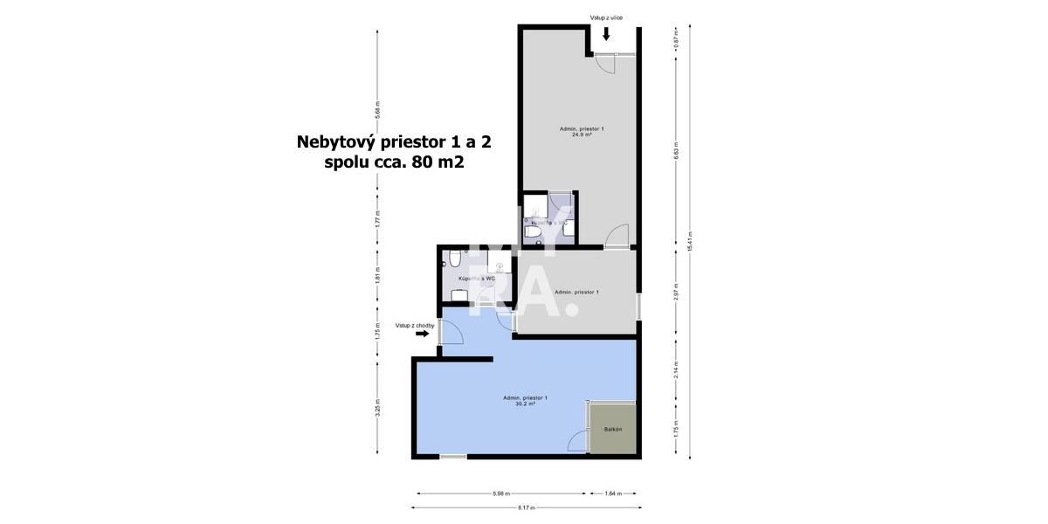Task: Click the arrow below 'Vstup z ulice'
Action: [606, 34]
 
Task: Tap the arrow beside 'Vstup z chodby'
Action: [423, 333]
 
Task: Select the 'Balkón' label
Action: [613, 430]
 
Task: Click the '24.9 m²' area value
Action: [582, 134]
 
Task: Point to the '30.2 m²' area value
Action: [525, 403]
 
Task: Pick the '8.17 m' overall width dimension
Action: [526, 507]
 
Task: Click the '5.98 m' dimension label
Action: [501, 493]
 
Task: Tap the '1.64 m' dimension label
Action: [613, 493]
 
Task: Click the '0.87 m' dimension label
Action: [676, 39]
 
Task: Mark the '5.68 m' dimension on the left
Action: [377, 111]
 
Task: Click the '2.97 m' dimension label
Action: [676, 293]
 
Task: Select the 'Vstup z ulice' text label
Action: [606, 17]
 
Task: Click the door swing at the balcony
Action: [576, 443]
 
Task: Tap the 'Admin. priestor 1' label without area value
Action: [576, 292]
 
